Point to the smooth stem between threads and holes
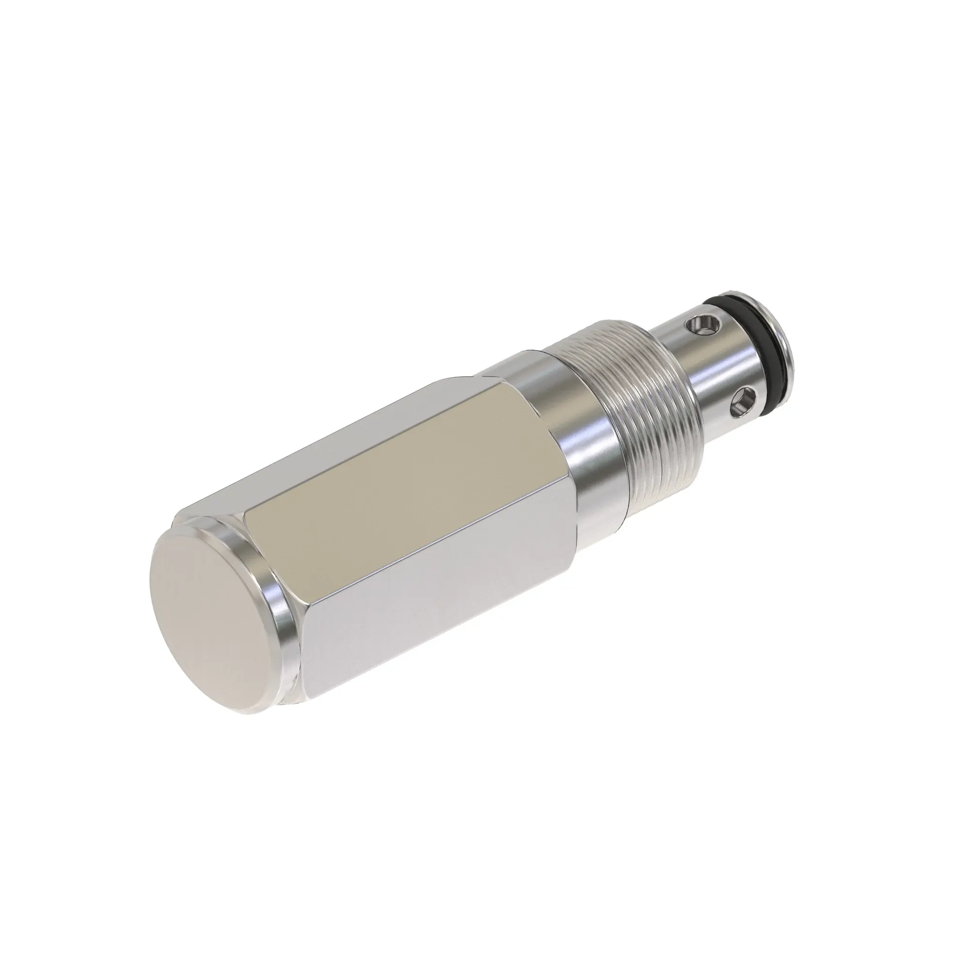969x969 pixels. pyautogui.click(x=702, y=371)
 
